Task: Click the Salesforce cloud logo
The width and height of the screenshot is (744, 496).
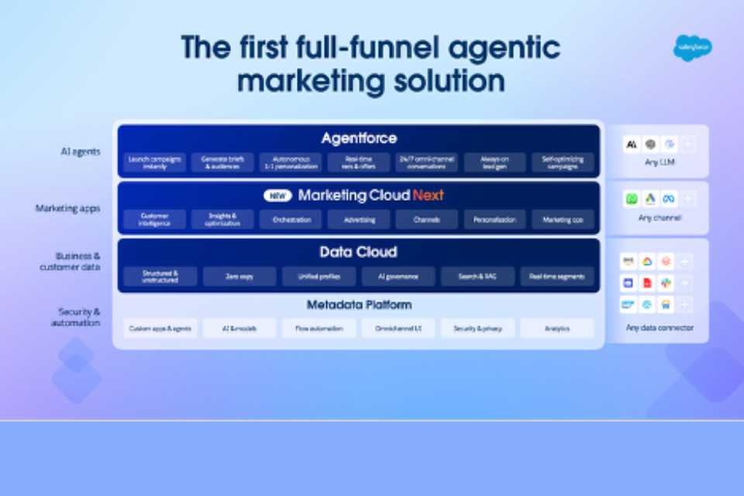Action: [x=692, y=48]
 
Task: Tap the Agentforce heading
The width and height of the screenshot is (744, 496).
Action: [x=359, y=139]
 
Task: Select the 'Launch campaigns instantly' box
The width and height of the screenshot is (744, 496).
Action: [x=154, y=163]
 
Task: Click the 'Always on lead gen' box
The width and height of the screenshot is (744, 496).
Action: [x=494, y=163]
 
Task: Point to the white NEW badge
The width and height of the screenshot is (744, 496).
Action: [x=277, y=196]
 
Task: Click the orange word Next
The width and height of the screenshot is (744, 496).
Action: [x=428, y=195]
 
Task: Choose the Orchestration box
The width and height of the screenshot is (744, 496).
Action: [x=291, y=220]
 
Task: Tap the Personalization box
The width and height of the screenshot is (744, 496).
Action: [x=494, y=220]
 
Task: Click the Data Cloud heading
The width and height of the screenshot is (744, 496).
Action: [x=358, y=252]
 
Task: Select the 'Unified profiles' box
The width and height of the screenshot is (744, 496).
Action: [x=319, y=277]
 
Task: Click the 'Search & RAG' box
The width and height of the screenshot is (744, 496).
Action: [x=477, y=277]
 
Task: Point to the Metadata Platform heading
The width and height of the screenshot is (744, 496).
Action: [x=359, y=305]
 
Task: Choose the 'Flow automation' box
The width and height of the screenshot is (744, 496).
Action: [x=319, y=329]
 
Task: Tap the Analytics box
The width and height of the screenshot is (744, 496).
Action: [x=556, y=329]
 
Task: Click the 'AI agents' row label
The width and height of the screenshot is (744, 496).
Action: [x=80, y=152]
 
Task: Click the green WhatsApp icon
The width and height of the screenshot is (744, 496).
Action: [x=632, y=199]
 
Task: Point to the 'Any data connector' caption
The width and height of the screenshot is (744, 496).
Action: [x=660, y=328]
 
